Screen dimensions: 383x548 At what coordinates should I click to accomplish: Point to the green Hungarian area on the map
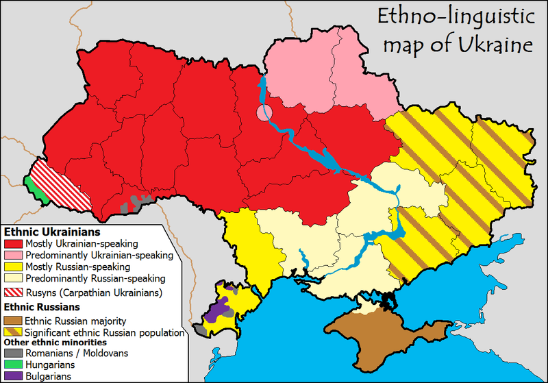(x=34, y=188)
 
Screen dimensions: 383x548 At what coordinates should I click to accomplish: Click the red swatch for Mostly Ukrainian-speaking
(x=14, y=243)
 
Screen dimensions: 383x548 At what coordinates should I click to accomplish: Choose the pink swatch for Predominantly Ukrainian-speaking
(x=14, y=255)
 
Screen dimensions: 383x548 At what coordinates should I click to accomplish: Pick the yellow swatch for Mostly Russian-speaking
(x=14, y=267)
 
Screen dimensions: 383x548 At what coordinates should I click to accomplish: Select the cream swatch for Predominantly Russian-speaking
(x=14, y=278)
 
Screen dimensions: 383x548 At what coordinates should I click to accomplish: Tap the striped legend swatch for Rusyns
(x=14, y=293)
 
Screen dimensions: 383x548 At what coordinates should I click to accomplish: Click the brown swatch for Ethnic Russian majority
(x=14, y=320)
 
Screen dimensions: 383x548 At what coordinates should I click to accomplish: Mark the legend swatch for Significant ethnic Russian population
(x=14, y=332)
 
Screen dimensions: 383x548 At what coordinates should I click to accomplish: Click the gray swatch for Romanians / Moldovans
(x=14, y=354)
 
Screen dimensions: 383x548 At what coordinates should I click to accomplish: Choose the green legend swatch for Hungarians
(x=14, y=365)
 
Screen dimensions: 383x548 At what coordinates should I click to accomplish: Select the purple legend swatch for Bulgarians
(x=14, y=376)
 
